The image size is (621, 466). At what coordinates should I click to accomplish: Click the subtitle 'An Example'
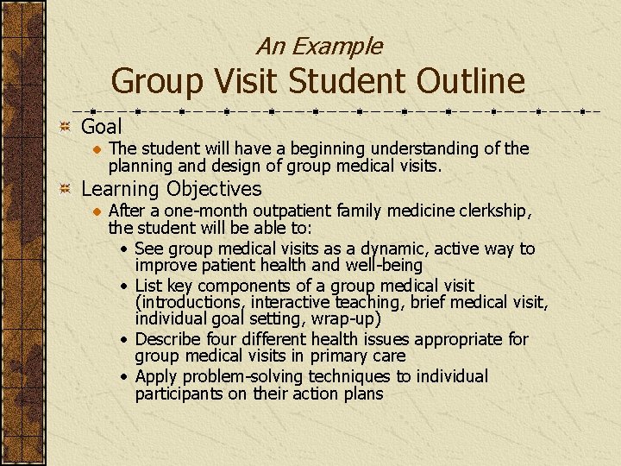318,46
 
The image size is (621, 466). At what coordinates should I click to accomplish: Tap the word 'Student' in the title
338,82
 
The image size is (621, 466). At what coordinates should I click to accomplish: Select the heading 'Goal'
102,127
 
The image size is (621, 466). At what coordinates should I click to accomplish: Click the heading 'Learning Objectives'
171,189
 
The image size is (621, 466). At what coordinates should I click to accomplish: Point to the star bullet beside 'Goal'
65,128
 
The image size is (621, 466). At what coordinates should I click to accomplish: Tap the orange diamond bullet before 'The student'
97,149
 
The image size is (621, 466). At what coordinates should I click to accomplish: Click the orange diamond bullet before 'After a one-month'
97,211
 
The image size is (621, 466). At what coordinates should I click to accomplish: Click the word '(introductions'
189,302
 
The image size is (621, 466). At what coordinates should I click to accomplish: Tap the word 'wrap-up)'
347,319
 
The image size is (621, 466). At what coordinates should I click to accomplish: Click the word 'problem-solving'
236,376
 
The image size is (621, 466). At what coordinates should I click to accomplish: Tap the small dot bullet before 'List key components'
126,286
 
